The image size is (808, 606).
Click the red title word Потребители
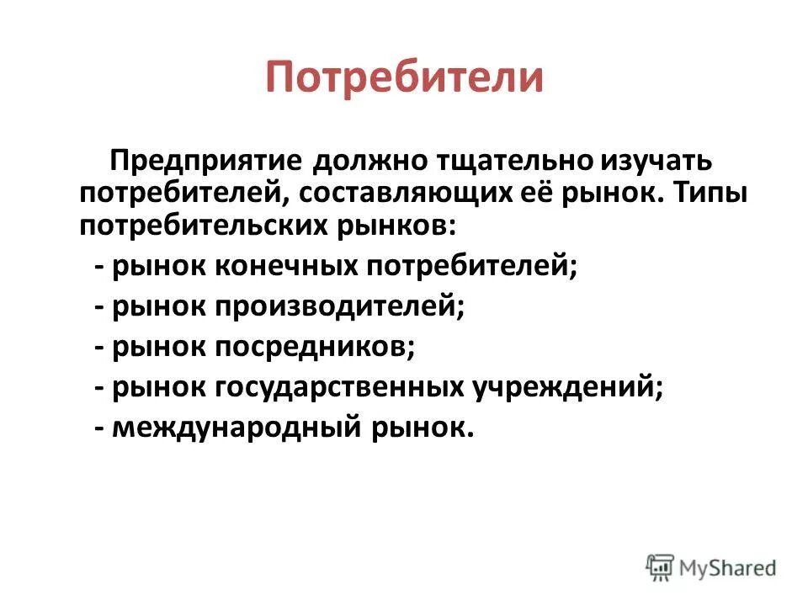click(404, 77)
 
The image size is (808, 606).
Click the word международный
click(235, 428)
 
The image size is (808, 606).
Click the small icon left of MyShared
click(661, 566)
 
